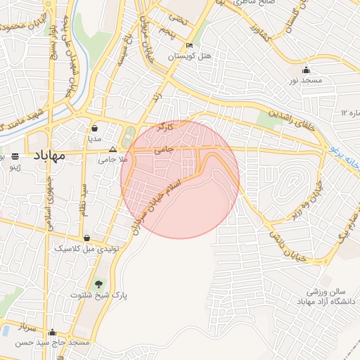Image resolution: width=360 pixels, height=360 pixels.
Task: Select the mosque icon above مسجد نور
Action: (x=306, y=70)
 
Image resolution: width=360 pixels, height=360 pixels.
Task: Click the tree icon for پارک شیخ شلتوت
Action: (x=98, y=283)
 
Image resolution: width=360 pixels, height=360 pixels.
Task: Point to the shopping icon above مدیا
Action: (x=94, y=129)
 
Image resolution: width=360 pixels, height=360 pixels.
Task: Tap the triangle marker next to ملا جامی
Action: (x=112, y=149)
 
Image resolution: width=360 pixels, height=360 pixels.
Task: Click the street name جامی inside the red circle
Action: (x=162, y=149)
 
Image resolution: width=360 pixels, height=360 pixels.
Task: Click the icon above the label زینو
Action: (x=15, y=155)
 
